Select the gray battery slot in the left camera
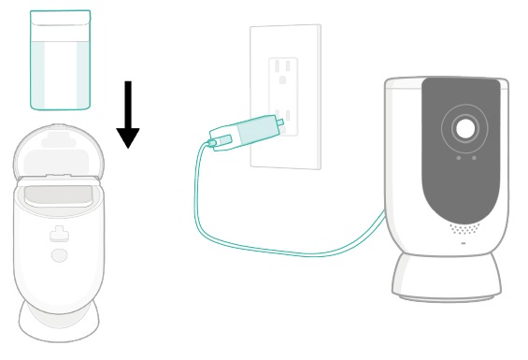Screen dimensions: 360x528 (59, 195)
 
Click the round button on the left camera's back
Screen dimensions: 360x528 (59, 254)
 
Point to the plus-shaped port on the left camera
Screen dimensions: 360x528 (59, 234)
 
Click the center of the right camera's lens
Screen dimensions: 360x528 (464, 129)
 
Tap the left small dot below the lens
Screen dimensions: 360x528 (458, 158)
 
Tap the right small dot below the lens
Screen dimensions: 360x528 (474, 158)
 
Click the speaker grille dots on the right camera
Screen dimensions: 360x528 (464, 228)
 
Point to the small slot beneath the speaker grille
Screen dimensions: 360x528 (464, 243)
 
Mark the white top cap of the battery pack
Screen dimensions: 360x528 (61, 18)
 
